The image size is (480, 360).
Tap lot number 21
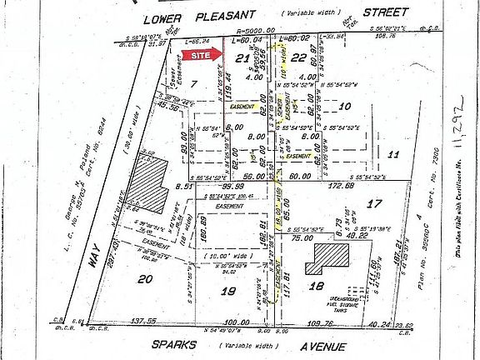pyautogui.click(x=242, y=58)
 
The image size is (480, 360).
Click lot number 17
pyautogui.click(x=375, y=202)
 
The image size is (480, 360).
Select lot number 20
pyautogui.click(x=145, y=279)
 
